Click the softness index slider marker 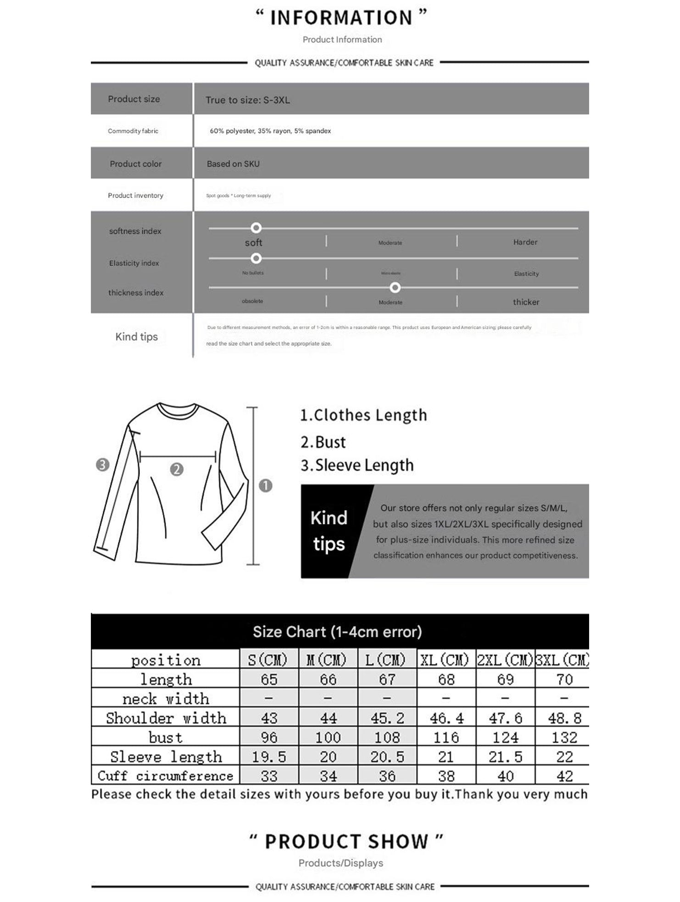(x=256, y=228)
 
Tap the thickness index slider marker (x=395, y=288)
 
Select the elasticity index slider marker (x=256, y=258)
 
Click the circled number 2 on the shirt (x=177, y=469)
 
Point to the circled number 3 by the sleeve (x=102, y=465)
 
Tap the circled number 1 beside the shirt (x=266, y=485)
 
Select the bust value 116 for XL (x=446, y=737)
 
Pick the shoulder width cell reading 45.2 (x=387, y=718)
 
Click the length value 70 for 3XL (x=564, y=679)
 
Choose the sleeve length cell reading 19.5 (x=269, y=757)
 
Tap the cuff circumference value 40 (x=505, y=776)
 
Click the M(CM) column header (x=328, y=660)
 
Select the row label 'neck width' (x=166, y=699)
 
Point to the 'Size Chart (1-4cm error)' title (x=337, y=632)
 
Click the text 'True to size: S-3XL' (x=248, y=100)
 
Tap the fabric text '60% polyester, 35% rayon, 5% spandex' (x=270, y=131)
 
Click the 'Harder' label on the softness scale (x=525, y=242)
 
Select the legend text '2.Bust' (x=323, y=442)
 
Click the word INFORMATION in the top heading (x=341, y=18)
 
